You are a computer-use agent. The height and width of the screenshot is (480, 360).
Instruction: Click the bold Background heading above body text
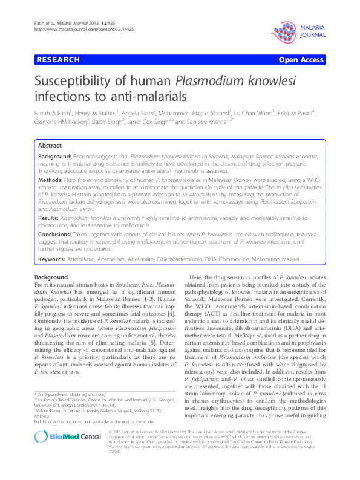[x=51, y=277]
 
